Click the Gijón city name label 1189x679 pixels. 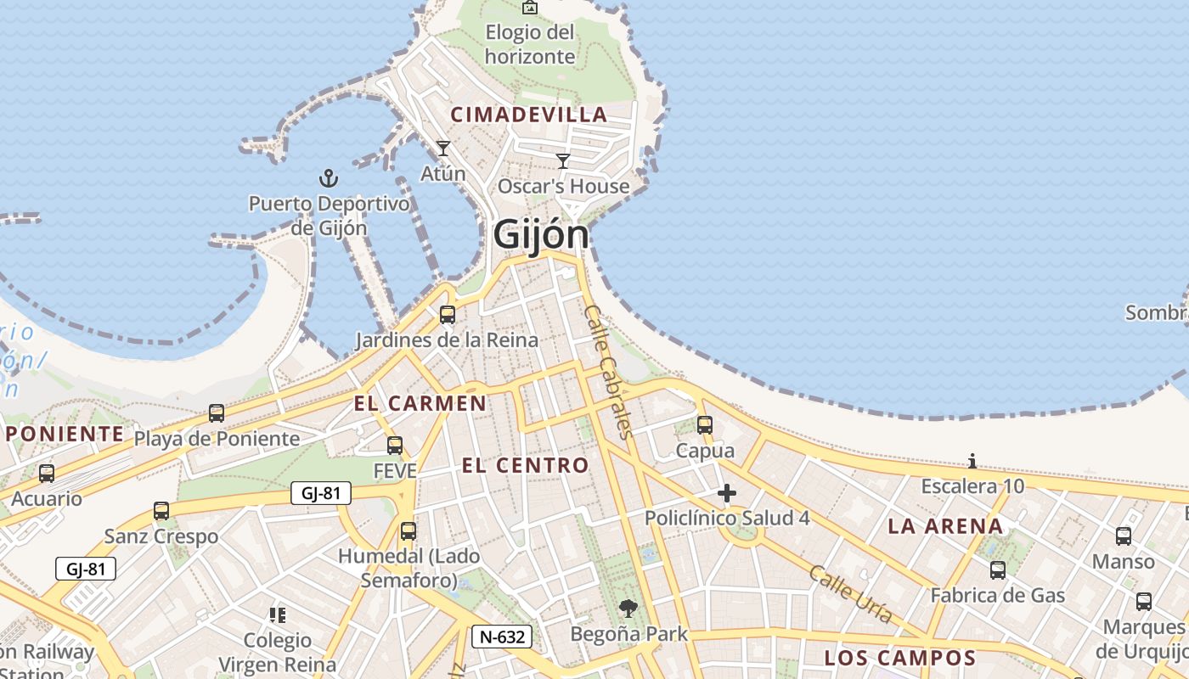point(541,234)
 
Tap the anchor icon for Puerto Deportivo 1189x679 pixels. point(328,178)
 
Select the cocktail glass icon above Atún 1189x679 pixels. point(442,149)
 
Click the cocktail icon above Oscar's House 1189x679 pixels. point(562,160)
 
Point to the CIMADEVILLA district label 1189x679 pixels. point(529,115)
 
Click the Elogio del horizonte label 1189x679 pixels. point(530,45)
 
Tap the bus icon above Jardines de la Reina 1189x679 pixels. point(447,315)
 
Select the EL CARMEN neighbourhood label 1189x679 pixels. point(420,403)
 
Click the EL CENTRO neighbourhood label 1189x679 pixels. point(525,465)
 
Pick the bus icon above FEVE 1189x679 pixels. point(394,445)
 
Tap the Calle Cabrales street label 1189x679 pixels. point(609,372)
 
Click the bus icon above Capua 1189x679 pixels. point(704,424)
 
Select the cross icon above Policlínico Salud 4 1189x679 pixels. point(726,492)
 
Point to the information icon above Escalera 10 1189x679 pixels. point(972,461)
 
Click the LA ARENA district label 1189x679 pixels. point(945,526)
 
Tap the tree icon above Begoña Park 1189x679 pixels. point(628,608)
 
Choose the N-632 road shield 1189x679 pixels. point(502,637)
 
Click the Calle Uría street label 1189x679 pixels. point(850,594)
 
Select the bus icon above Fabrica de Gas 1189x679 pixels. point(997,570)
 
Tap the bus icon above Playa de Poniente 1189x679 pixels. point(217,413)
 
